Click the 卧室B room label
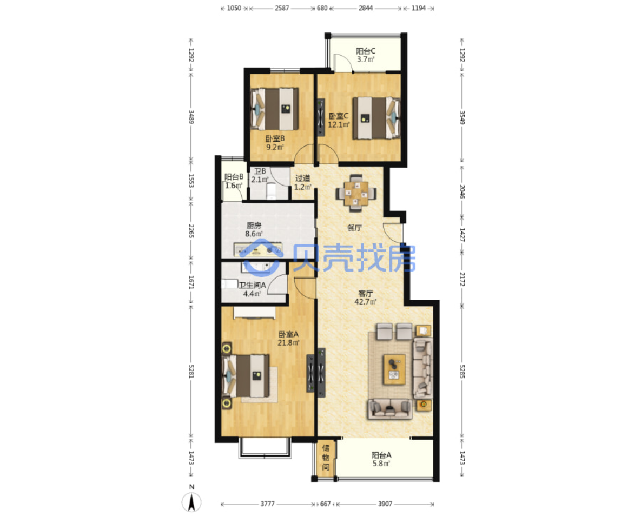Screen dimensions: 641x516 [x=275, y=138]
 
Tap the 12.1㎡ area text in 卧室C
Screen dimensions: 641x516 [x=339, y=124]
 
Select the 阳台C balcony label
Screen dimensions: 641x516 [x=366, y=51]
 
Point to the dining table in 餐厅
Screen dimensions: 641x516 [x=356, y=193]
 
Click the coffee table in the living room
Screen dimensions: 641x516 [x=394, y=369]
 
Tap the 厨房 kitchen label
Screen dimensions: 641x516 [x=254, y=226]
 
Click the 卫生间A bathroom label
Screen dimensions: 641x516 [x=252, y=285]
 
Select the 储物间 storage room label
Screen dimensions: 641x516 [x=326, y=458]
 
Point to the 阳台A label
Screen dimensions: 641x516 [x=381, y=455]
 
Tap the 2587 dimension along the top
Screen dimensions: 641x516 [x=282, y=8]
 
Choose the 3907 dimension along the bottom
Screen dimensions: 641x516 [x=385, y=504]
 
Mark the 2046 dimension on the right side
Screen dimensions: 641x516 [x=462, y=191]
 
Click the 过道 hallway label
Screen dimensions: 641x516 [x=302, y=178]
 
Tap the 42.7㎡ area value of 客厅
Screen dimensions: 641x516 [x=365, y=302]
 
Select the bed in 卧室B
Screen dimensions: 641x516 [x=274, y=108]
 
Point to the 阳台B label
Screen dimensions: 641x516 [x=234, y=177]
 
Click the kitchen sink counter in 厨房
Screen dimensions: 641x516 [x=257, y=249]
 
